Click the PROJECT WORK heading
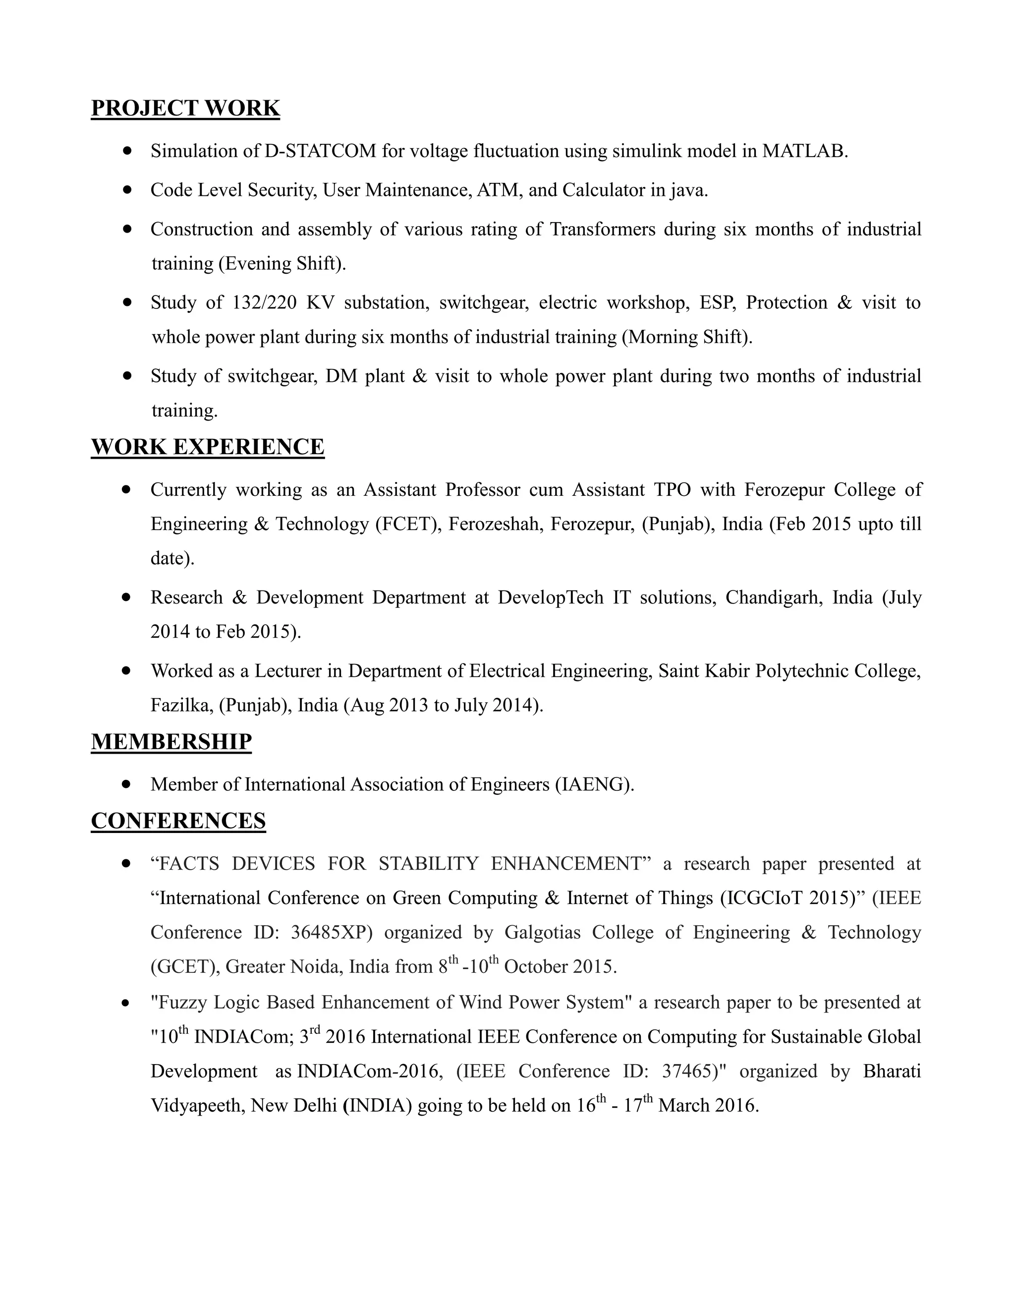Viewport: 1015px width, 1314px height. pos(185,108)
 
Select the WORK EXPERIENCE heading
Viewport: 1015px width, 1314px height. pos(208,447)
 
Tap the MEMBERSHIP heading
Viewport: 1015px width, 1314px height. pos(171,742)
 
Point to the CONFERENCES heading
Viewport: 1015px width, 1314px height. pos(178,821)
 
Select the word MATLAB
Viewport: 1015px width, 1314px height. pos(803,151)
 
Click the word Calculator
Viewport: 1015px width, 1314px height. pos(603,190)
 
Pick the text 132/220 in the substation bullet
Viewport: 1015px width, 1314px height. pos(264,302)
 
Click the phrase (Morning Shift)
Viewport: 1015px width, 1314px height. pos(687,337)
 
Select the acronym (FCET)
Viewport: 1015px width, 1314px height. pos(409,524)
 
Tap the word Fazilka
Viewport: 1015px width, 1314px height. pos(181,705)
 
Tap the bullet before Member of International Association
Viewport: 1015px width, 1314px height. pos(126,784)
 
